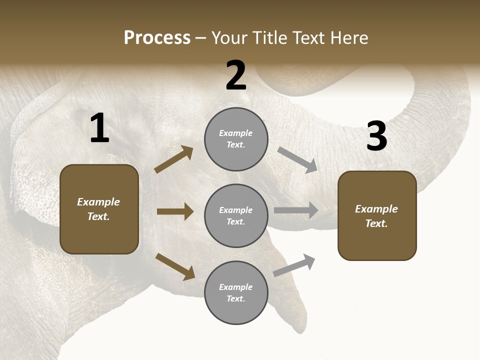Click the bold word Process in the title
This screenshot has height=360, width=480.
(157, 38)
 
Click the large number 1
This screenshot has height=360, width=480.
(99, 128)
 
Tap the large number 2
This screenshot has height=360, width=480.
(236, 75)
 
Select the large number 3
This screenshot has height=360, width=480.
(376, 136)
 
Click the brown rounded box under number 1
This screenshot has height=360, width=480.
(99, 209)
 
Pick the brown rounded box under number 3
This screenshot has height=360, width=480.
(377, 216)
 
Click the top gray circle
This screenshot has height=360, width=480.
(236, 139)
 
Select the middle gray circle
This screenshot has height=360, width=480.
(236, 216)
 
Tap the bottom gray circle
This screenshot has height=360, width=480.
(236, 293)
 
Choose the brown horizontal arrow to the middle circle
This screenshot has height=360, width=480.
(175, 211)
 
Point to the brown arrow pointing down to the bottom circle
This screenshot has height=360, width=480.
(175, 266)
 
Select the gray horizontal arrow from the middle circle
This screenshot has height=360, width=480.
(296, 210)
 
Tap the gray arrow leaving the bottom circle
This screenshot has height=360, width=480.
(294, 265)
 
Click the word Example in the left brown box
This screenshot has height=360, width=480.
(98, 202)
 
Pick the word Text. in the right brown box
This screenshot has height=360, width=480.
(376, 223)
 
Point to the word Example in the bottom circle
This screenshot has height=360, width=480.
(236, 287)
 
